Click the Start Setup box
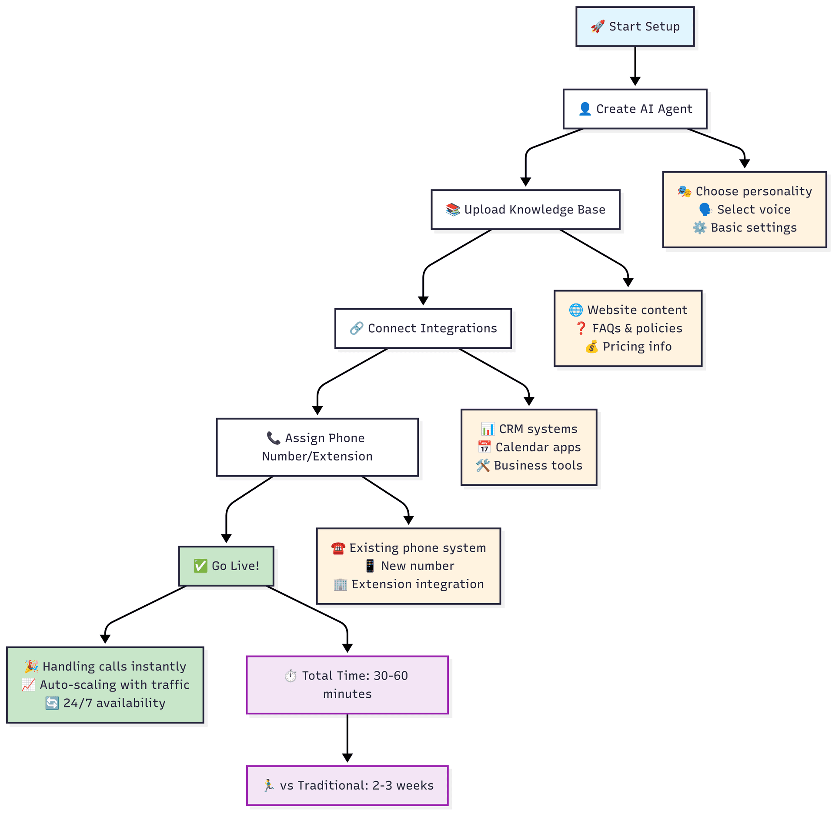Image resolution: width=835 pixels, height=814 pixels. click(635, 27)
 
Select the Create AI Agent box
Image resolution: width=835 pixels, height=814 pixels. click(635, 109)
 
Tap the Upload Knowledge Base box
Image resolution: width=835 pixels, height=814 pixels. click(525, 210)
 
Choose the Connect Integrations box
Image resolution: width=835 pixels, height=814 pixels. click(423, 328)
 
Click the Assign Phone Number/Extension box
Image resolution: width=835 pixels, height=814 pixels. click(317, 447)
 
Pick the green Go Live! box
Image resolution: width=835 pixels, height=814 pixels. click(226, 566)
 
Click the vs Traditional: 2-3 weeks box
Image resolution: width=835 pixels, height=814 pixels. click(347, 785)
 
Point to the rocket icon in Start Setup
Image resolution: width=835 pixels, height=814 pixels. click(598, 27)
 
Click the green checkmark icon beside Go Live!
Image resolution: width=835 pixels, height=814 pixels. click(200, 566)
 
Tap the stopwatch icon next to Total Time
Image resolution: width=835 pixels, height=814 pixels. click(291, 676)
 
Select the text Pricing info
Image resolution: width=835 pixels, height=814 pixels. click(637, 347)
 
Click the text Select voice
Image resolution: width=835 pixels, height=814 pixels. click(753, 210)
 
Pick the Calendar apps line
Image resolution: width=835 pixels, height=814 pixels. click(538, 447)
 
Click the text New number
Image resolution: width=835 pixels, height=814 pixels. click(417, 566)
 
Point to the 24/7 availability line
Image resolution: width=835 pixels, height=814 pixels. click(114, 703)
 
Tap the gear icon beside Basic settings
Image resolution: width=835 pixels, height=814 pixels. click(699, 228)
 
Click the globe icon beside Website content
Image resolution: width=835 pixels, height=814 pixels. click(576, 310)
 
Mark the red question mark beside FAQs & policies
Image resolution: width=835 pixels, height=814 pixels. click(581, 328)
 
